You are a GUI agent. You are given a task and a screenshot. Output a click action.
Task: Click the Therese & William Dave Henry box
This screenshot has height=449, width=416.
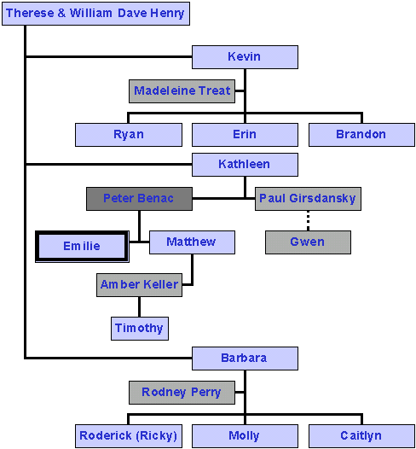(95, 14)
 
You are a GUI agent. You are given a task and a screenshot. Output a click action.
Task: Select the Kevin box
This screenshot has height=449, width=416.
(245, 57)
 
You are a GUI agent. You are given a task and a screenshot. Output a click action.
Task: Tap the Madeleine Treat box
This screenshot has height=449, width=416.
(182, 91)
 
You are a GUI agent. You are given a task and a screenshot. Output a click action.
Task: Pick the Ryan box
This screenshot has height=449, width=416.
(129, 135)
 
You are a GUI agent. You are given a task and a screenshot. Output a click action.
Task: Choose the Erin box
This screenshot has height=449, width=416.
(245, 135)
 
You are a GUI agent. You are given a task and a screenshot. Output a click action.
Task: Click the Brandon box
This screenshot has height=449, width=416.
(361, 135)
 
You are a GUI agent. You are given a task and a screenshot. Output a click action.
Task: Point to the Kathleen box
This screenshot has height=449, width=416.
(245, 165)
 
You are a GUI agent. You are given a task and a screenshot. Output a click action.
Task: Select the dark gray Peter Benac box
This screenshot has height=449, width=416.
(139, 199)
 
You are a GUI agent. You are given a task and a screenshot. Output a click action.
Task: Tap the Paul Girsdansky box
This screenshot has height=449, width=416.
(308, 199)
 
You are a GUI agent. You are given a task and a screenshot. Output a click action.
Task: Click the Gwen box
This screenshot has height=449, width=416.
(308, 242)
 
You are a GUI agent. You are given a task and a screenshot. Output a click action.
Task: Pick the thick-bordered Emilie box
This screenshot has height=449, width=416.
(82, 246)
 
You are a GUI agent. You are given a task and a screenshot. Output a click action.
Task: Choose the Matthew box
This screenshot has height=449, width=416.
(192, 242)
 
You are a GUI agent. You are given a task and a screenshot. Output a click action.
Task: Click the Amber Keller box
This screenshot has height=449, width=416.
(139, 285)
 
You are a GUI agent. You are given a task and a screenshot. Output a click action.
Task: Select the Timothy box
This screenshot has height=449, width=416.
(140, 329)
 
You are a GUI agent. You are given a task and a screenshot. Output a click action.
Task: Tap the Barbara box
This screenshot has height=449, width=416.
(245, 359)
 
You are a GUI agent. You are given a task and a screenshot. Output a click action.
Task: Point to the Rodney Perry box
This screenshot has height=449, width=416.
(182, 393)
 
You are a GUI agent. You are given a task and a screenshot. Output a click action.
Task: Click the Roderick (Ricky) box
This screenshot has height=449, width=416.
(129, 436)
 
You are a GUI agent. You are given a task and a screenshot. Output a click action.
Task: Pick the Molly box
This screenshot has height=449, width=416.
(245, 436)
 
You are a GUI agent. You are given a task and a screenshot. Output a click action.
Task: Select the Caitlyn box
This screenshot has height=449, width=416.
(361, 436)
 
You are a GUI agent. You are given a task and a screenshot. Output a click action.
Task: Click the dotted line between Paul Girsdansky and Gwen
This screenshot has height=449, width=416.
(308, 220)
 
